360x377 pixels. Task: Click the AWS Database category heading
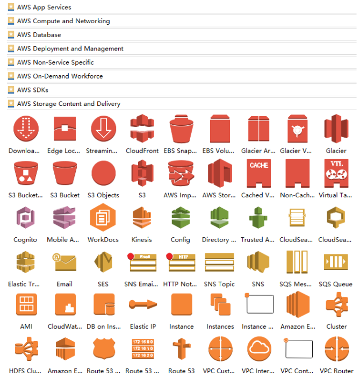click(x=39, y=35)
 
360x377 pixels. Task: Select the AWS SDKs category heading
click(x=32, y=90)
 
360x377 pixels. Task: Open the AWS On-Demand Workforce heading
click(x=60, y=76)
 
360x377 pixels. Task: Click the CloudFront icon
click(x=142, y=129)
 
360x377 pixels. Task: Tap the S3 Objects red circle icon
click(x=103, y=173)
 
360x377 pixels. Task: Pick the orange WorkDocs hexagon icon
click(x=103, y=218)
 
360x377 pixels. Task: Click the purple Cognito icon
click(x=26, y=218)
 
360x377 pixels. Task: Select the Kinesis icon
click(x=142, y=218)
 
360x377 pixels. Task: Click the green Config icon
click(x=181, y=218)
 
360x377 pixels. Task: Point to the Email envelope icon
click(x=64, y=262)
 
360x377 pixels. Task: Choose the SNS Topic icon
click(x=219, y=262)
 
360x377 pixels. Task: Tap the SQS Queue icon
click(x=336, y=262)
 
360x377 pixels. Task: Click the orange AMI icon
click(x=26, y=305)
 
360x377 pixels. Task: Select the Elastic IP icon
click(x=142, y=305)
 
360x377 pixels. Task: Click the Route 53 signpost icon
click(x=181, y=349)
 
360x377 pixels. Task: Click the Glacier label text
click(x=336, y=151)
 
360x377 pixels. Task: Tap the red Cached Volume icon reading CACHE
click(x=258, y=173)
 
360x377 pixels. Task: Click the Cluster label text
click(x=336, y=327)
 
